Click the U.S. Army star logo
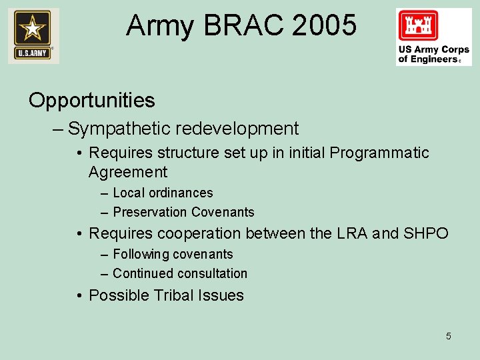(x=33, y=35)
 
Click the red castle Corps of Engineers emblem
(x=418, y=26)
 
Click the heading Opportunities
(x=92, y=101)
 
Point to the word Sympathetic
(x=121, y=129)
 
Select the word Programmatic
(x=379, y=153)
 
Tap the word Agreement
(x=128, y=172)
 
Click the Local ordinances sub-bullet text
(x=163, y=193)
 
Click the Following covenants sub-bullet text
(x=173, y=254)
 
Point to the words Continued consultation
(x=180, y=273)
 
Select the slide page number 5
(x=448, y=336)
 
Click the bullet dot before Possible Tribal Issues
(x=79, y=295)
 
